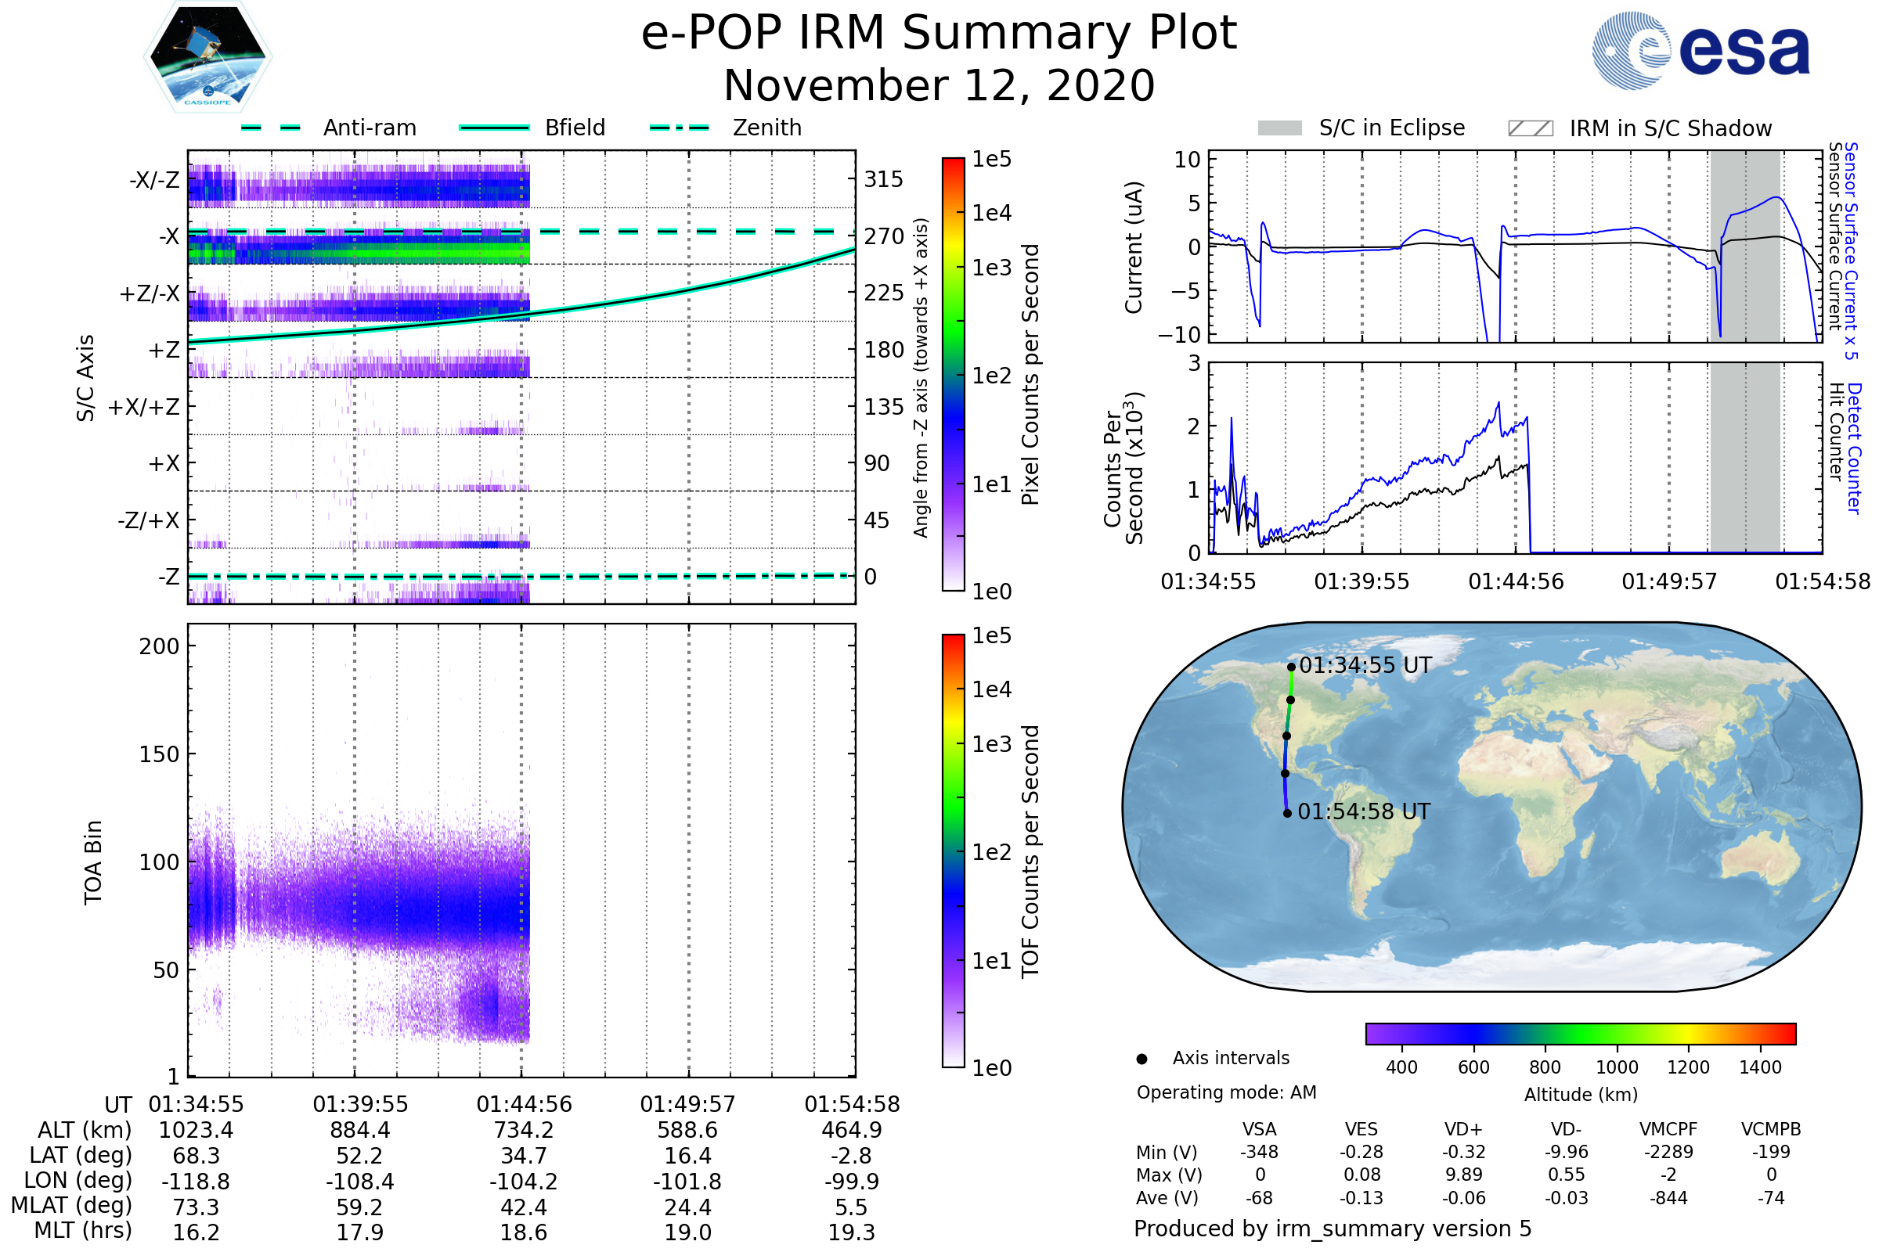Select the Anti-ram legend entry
pyautogui.click(x=369, y=128)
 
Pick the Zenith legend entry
pyautogui.click(x=766, y=128)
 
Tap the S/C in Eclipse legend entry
pyautogui.click(x=1391, y=128)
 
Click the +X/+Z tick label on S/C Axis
pyautogui.click(x=144, y=408)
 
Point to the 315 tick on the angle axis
pyautogui.click(x=884, y=180)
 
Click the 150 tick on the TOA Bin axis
pyautogui.click(x=159, y=754)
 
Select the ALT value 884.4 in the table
pyautogui.click(x=360, y=1131)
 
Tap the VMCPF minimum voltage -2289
pyautogui.click(x=1668, y=1152)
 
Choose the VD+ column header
pyautogui.click(x=1463, y=1130)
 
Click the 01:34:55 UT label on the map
pyautogui.click(x=1365, y=666)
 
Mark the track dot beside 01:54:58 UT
pyautogui.click(x=1287, y=814)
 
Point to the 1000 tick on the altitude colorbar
pyautogui.click(x=1617, y=1067)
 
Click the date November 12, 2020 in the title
pyautogui.click(x=939, y=86)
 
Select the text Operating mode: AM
pyautogui.click(x=1226, y=1092)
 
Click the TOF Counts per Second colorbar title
pyautogui.click(x=1030, y=851)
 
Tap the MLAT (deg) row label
pyautogui.click(x=71, y=1206)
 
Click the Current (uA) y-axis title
pyautogui.click(x=1134, y=247)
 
